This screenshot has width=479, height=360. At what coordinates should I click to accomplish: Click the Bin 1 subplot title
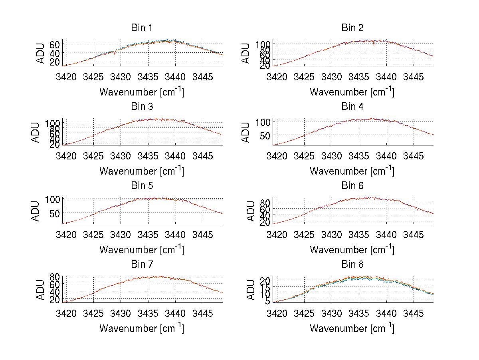tap(142, 28)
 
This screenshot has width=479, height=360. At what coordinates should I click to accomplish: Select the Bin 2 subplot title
tap(352, 28)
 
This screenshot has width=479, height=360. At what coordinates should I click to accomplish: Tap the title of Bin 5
tap(142, 185)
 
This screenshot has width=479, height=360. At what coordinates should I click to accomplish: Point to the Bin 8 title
tap(352, 264)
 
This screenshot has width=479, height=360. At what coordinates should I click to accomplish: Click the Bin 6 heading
tap(352, 185)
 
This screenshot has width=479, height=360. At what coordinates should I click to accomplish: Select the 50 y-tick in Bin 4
tap(266, 136)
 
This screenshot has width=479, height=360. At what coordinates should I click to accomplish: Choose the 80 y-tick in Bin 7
tap(55, 276)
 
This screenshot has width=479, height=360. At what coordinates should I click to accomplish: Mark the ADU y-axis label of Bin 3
tap(36, 132)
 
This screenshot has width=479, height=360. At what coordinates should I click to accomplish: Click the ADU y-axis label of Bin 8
tap(251, 290)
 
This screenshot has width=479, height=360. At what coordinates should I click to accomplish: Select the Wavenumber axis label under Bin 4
tap(352, 171)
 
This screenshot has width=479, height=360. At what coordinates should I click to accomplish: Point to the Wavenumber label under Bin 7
tap(141, 328)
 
